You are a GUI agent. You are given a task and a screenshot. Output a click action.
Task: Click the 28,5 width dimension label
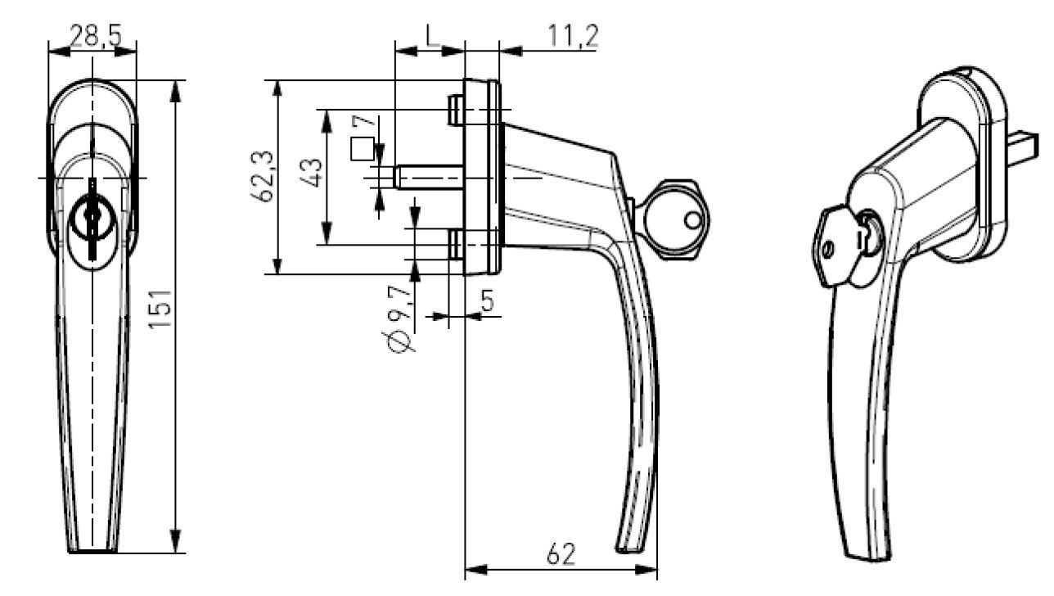tap(96, 36)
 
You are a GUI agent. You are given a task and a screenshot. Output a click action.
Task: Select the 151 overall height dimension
tap(160, 309)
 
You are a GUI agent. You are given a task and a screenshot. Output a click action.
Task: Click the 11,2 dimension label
tap(573, 36)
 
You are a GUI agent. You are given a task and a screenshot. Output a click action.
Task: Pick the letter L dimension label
tap(433, 36)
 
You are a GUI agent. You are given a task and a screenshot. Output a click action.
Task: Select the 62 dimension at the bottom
tap(561, 554)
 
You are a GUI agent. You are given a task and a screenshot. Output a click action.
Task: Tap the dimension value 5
tap(488, 300)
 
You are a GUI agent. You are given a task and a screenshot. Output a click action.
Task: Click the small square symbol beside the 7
tap(363, 149)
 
